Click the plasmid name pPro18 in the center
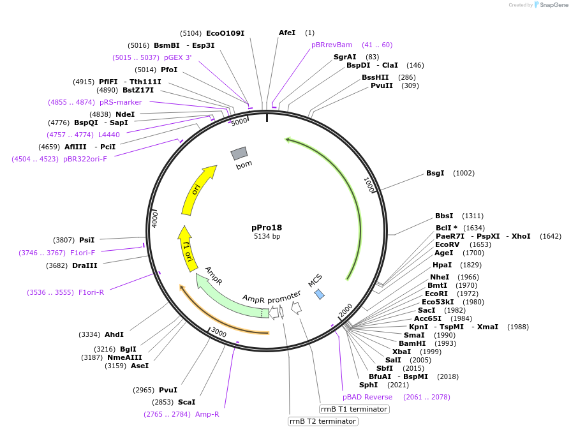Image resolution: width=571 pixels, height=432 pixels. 267,227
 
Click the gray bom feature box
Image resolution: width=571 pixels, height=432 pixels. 239,153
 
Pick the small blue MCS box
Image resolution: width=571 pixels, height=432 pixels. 320,294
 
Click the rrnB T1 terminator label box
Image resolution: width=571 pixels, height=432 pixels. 353,409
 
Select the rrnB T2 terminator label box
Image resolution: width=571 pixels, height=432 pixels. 322,421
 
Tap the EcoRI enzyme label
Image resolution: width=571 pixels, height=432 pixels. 436,294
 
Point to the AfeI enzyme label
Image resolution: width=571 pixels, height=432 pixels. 287,33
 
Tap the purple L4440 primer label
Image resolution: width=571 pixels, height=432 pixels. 108,135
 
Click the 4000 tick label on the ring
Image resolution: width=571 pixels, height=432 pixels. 155,218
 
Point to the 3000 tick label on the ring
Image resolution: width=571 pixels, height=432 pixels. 219,332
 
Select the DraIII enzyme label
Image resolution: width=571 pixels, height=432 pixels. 84,265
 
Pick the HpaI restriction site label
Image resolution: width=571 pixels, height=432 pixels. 442,265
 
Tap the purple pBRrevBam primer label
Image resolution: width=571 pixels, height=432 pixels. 332,45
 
